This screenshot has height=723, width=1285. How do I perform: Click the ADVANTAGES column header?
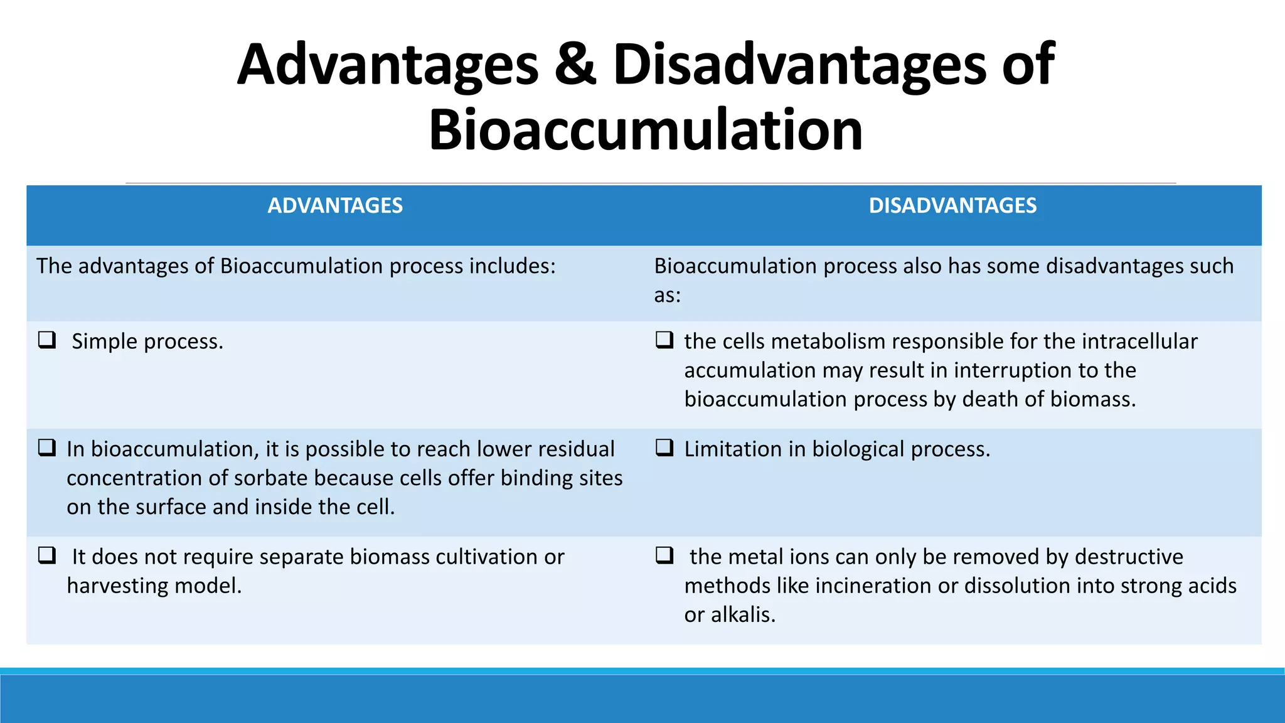click(335, 206)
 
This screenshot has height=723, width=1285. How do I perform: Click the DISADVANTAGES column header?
click(952, 206)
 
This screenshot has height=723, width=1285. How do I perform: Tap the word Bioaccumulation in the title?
click(646, 130)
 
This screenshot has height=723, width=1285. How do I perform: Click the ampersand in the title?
click(575, 65)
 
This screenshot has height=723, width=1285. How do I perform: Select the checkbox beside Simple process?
click(47, 340)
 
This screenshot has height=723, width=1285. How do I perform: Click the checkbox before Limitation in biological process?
click(664, 447)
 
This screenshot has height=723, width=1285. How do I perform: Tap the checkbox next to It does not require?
click(47, 555)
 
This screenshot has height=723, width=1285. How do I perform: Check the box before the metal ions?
click(664, 555)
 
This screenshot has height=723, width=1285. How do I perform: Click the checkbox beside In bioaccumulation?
click(47, 447)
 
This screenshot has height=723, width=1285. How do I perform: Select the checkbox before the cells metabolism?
click(664, 340)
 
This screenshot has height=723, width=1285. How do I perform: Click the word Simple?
click(104, 342)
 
